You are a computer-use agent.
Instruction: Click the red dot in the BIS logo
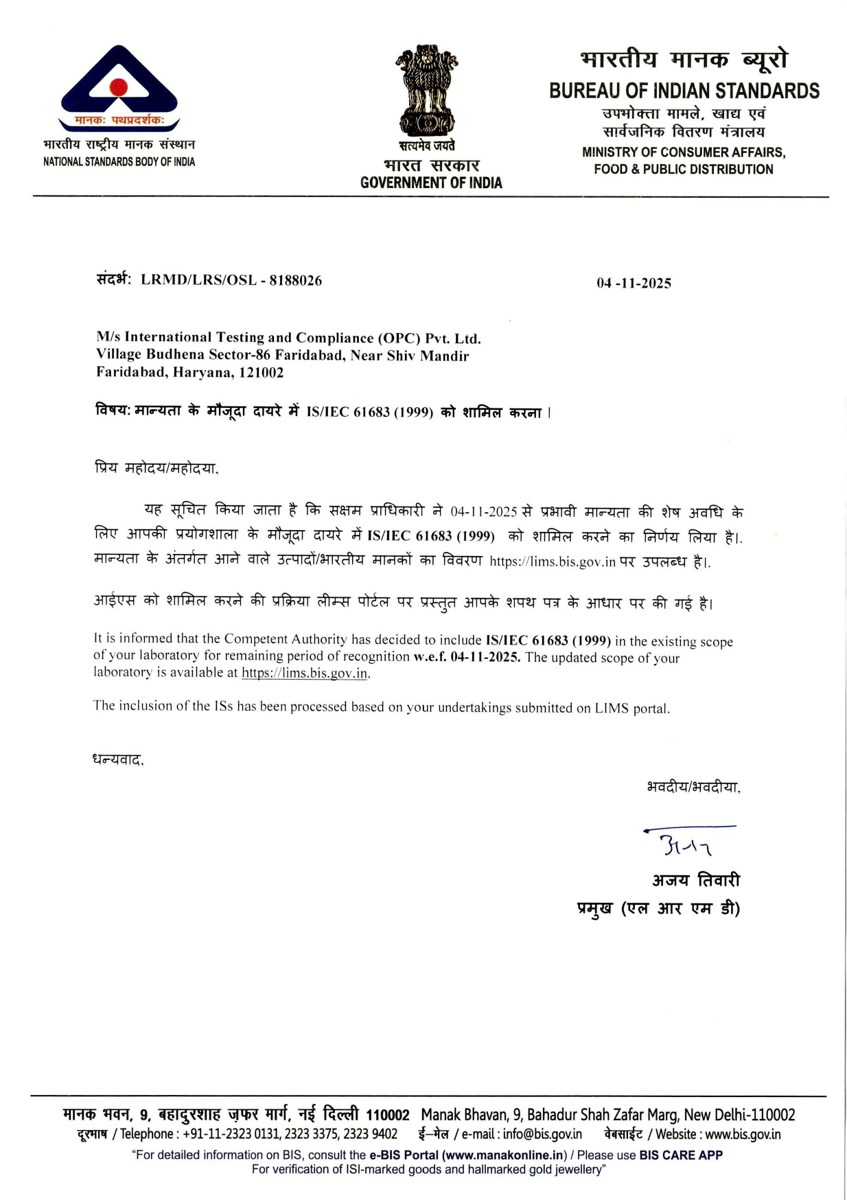click(x=119, y=87)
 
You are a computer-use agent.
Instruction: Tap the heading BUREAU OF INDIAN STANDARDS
click(x=684, y=91)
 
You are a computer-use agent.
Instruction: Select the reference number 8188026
click(x=296, y=280)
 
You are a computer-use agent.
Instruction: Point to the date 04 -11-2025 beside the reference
click(x=634, y=284)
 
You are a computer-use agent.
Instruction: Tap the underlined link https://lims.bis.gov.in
click(x=305, y=673)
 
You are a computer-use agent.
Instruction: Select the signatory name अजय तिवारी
click(x=695, y=880)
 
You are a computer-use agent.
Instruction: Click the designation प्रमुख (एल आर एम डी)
click(x=658, y=909)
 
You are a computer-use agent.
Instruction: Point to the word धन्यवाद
click(x=118, y=760)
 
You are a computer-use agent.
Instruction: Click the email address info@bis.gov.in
click(x=542, y=1134)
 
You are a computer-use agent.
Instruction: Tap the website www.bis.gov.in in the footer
click(x=743, y=1134)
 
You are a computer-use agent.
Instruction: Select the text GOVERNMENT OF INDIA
click(x=431, y=183)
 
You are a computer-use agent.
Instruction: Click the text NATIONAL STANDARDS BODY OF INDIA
click(x=119, y=162)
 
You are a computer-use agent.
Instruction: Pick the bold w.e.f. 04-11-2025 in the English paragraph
click(x=466, y=657)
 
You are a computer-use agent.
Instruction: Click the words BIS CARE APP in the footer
click(x=680, y=1155)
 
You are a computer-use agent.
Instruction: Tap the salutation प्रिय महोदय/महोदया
click(x=156, y=469)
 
